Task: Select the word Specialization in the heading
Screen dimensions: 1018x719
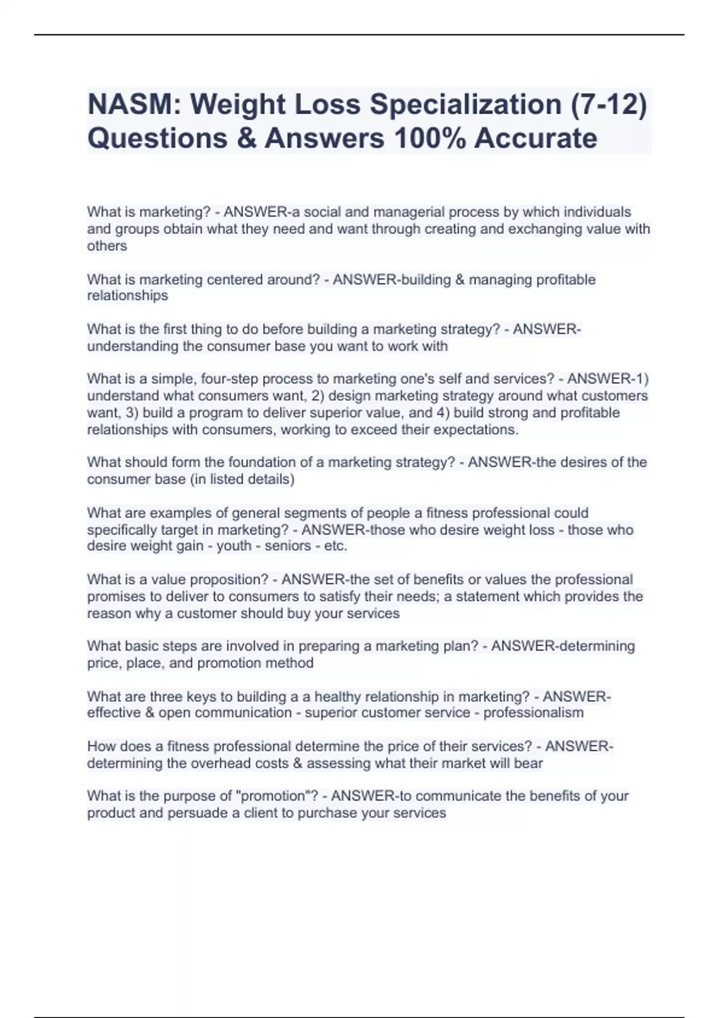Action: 465,105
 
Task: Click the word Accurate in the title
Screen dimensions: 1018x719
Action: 536,138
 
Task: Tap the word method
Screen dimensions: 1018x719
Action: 291,663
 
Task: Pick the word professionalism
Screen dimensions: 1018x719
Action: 533,713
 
